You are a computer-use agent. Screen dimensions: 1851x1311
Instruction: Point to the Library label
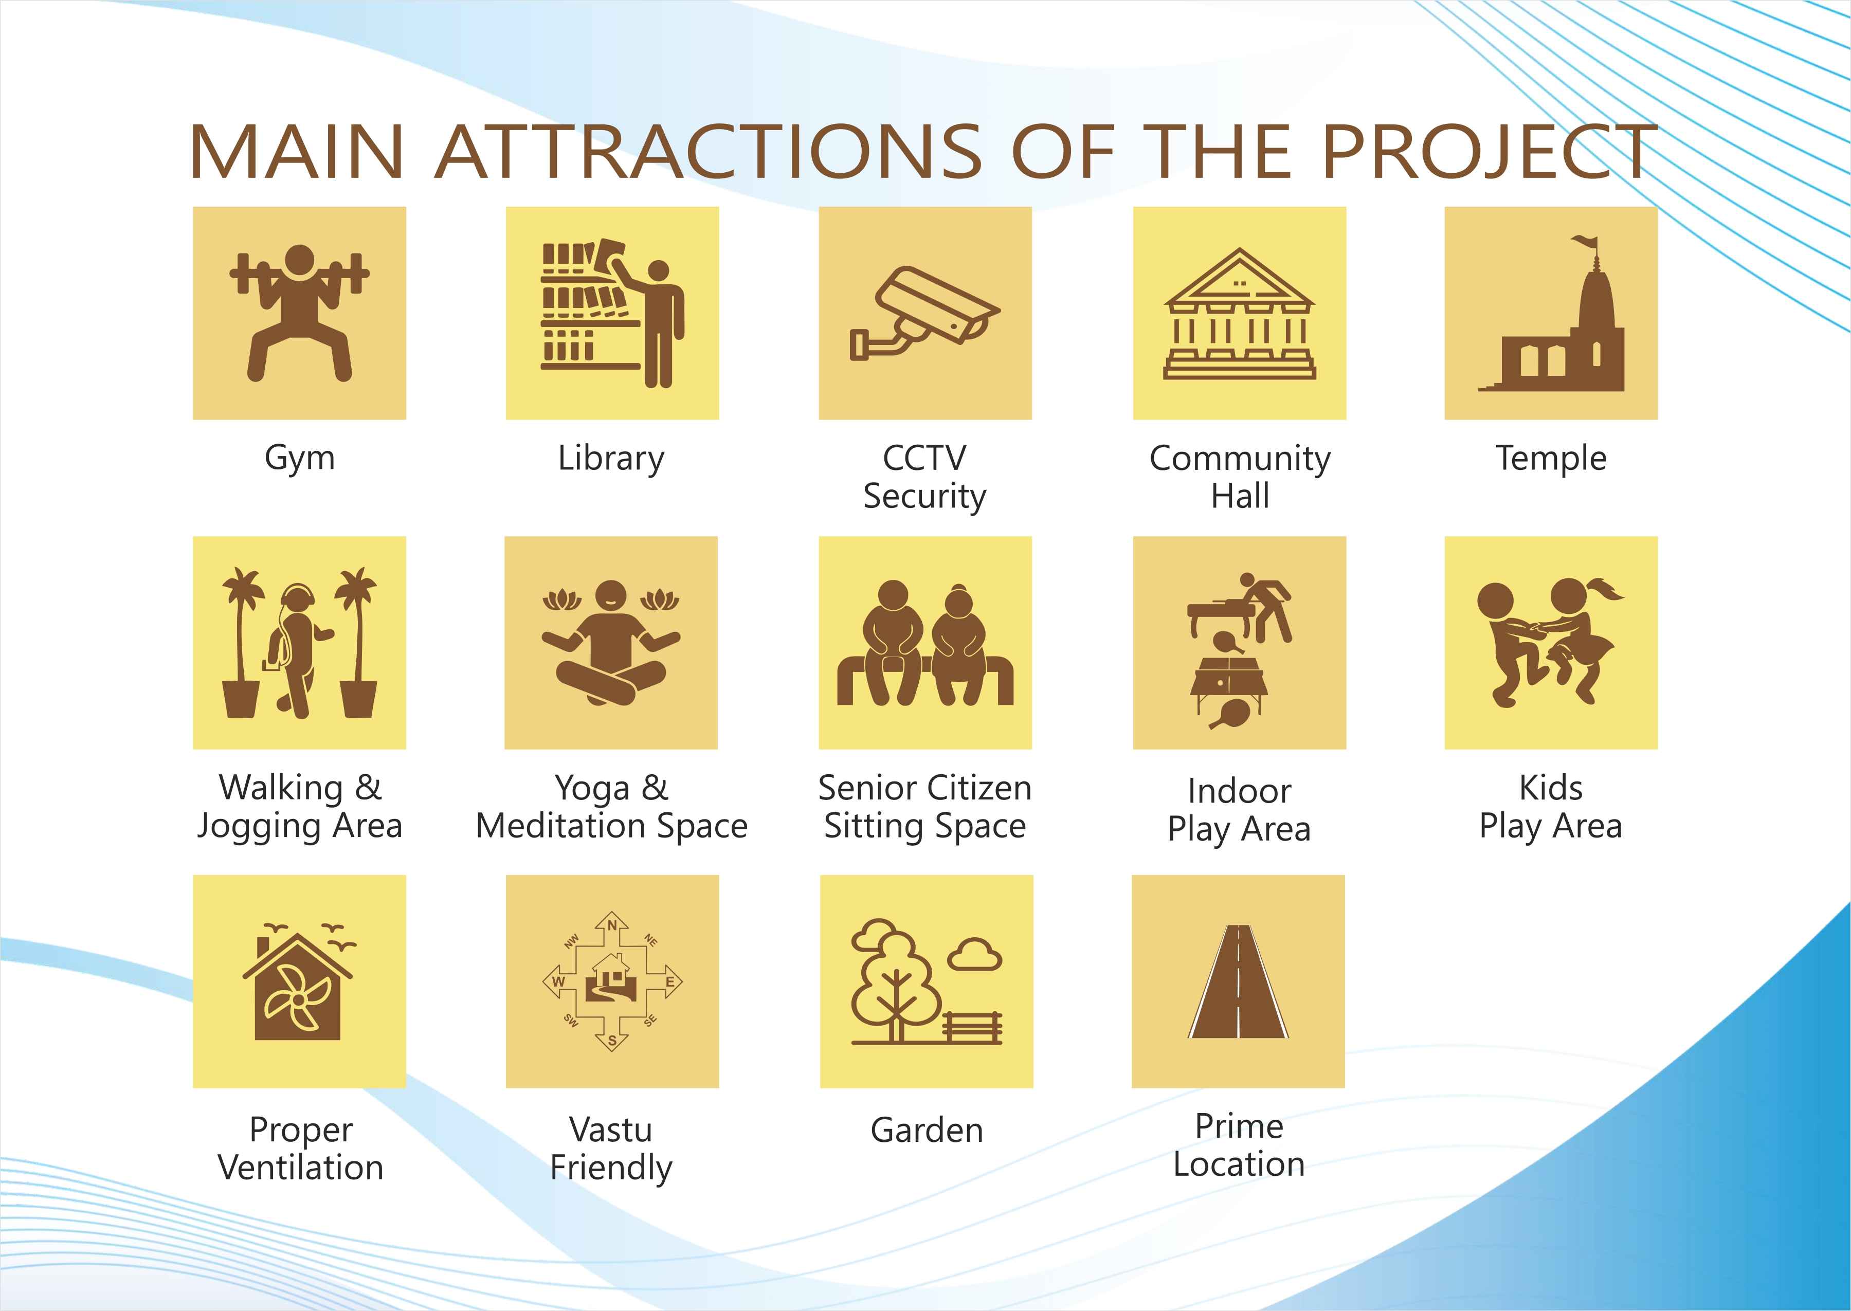pyautogui.click(x=611, y=459)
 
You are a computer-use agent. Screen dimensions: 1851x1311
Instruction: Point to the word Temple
pyautogui.click(x=1551, y=459)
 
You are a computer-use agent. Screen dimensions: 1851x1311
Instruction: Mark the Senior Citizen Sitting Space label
pyautogui.click(x=924, y=807)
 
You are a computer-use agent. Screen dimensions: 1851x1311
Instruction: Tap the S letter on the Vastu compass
pyautogui.click(x=612, y=1042)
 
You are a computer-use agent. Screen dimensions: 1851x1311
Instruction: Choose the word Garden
pyautogui.click(x=927, y=1130)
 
